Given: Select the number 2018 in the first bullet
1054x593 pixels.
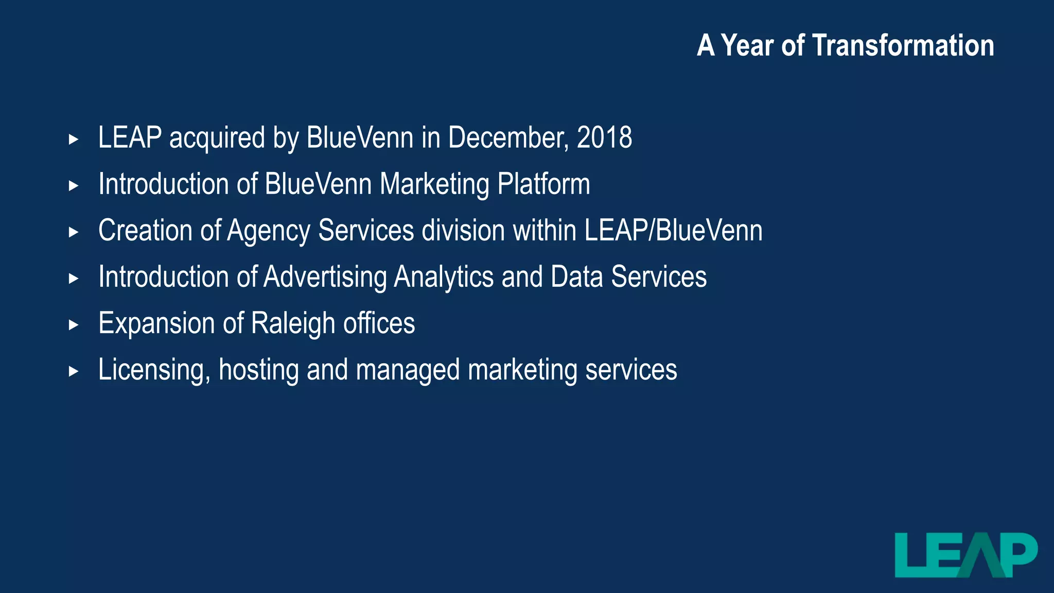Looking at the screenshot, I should tap(604, 138).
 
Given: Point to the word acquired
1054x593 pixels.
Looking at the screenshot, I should tap(217, 138).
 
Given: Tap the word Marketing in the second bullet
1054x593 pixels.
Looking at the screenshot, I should tap(434, 184).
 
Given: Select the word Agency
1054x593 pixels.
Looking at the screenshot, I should tap(269, 231).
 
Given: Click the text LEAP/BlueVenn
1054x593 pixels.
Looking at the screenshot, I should tap(673, 231).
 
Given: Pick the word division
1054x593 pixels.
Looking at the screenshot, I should tap(463, 231).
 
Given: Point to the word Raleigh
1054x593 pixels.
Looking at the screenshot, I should tap(293, 323).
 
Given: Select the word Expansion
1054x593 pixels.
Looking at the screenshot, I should tap(156, 323).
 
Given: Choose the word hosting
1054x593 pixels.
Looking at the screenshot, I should tap(258, 370).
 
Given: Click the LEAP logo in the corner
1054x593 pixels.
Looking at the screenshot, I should tap(966, 555).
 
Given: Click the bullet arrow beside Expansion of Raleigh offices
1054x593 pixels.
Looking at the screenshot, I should tap(74, 325).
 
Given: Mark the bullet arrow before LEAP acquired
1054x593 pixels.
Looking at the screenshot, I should tap(74, 139).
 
